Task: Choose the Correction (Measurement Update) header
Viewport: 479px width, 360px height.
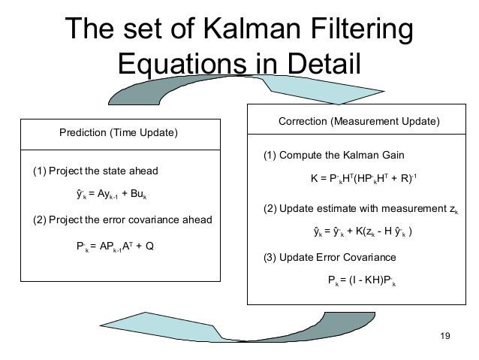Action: click(359, 122)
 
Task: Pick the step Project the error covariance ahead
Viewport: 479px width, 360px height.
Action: click(123, 220)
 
